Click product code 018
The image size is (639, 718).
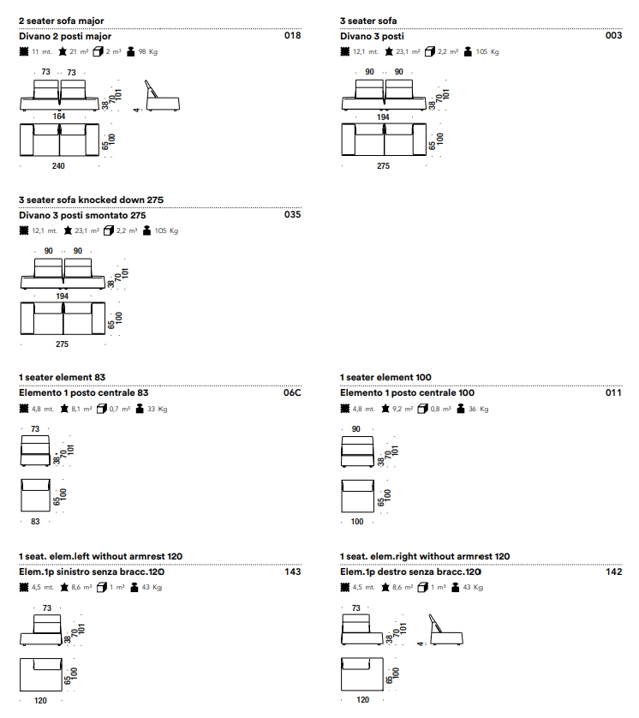point(292,35)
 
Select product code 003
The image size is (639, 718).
point(614,35)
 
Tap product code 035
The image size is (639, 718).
point(292,214)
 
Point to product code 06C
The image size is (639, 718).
point(292,392)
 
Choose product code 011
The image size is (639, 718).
point(614,392)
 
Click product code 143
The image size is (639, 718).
point(292,571)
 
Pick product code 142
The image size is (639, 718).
point(614,571)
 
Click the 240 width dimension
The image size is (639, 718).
point(58,165)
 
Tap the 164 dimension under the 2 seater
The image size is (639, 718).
point(58,117)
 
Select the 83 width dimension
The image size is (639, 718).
point(35,522)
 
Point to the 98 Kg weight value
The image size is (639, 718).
point(148,51)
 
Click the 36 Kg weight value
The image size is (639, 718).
point(478,409)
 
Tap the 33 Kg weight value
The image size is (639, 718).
point(157,409)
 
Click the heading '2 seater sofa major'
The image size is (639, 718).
point(62,21)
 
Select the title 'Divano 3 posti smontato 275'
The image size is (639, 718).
point(82,215)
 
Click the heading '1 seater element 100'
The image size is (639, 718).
point(385,377)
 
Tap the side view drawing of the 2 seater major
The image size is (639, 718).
point(162,96)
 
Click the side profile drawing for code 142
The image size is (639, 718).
point(445,630)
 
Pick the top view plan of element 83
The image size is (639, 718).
point(35,495)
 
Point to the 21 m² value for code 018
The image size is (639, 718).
point(79,51)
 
